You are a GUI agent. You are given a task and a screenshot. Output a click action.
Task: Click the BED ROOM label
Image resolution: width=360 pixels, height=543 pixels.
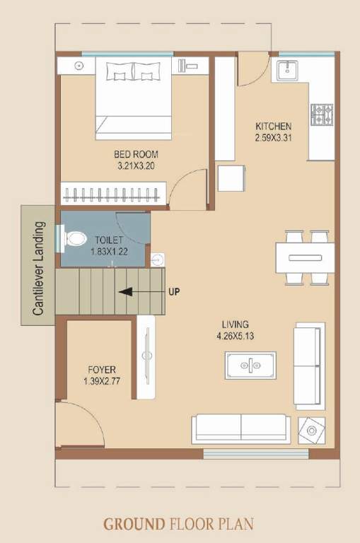click(136, 154)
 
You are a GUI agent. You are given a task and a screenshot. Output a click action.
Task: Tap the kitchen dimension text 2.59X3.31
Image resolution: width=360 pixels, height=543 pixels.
click(273, 138)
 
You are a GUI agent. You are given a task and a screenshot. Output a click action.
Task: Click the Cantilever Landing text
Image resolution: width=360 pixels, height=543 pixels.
click(38, 268)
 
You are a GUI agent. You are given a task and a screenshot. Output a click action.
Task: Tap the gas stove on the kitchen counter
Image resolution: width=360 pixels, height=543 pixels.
click(322, 112)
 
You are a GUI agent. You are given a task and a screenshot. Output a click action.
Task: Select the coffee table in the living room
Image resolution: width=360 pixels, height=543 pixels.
click(250, 364)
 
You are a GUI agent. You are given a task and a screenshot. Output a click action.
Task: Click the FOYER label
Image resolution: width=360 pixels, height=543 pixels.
click(102, 370)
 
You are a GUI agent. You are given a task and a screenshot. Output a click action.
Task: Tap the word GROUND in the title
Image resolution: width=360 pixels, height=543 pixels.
click(134, 525)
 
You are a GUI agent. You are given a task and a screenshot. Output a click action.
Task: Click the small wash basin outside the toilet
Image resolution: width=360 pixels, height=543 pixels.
click(157, 258)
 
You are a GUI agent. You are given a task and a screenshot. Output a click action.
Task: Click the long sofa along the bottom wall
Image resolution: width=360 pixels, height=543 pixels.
click(240, 428)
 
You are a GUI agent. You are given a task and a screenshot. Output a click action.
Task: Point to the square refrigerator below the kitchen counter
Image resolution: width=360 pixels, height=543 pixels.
click(231, 178)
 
